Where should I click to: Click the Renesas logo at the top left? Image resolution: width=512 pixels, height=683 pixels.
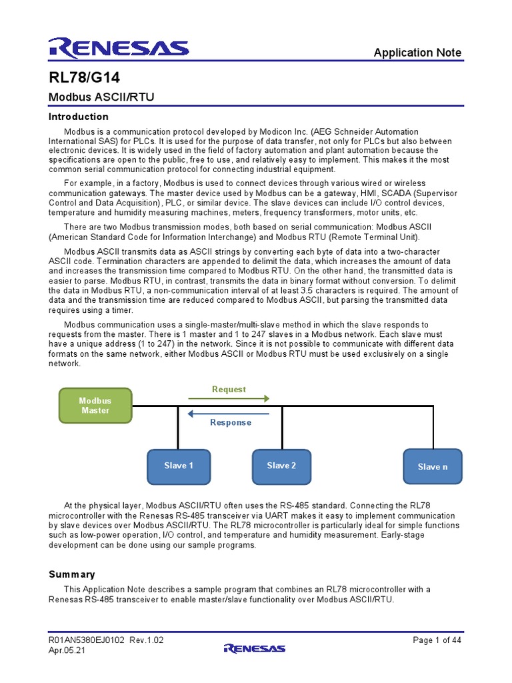119,48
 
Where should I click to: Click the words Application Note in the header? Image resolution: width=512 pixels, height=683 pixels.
417,53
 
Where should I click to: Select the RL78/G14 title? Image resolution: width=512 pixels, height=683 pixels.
84,77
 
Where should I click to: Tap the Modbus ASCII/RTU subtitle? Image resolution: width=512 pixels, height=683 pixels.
101,97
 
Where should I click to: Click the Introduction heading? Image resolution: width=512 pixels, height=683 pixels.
79,117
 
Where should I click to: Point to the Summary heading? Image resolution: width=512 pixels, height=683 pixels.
72,574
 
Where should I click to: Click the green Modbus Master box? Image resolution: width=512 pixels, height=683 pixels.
95,406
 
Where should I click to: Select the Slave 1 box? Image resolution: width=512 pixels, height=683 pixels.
179,466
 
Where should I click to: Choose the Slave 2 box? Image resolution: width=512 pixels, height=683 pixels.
281,466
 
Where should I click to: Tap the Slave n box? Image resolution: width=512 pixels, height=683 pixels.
433,467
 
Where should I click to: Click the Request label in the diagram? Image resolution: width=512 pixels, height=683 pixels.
229,390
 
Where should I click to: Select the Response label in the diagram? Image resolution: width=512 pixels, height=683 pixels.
231,423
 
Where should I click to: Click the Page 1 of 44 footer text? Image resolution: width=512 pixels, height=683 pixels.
437,640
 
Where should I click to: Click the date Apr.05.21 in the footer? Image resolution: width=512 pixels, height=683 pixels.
67,650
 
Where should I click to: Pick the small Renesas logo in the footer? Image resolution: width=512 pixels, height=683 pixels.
255,648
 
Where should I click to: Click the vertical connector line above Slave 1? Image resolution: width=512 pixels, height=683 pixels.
178,427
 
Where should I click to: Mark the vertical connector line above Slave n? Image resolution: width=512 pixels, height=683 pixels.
433,427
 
